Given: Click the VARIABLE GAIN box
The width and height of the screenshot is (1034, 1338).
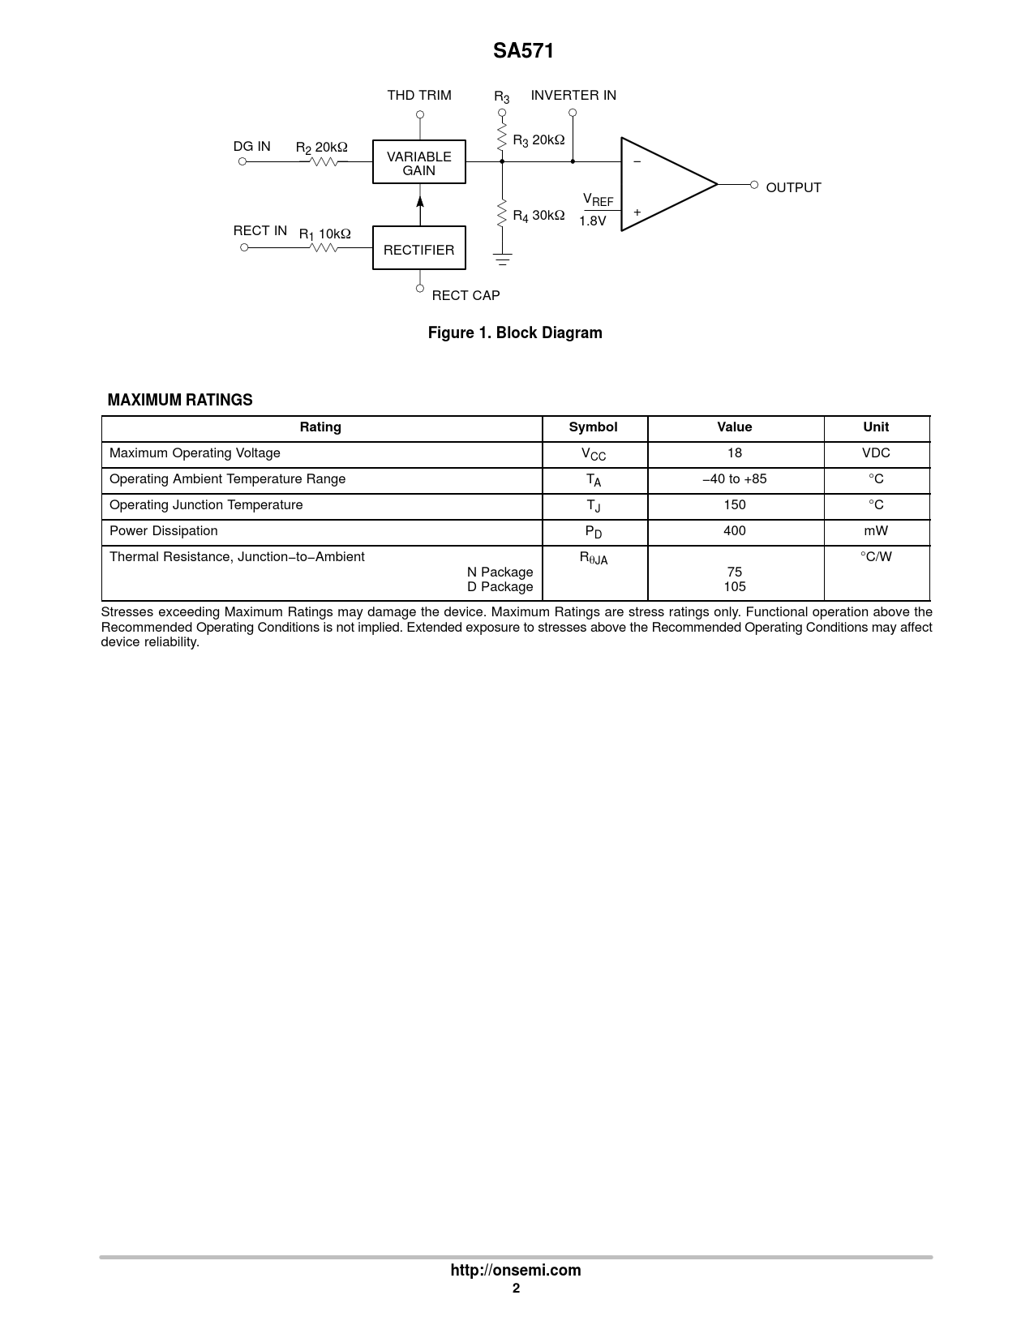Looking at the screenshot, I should (418, 162).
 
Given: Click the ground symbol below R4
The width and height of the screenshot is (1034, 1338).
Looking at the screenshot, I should (502, 260).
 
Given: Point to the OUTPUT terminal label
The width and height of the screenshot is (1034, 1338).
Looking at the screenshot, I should (793, 187).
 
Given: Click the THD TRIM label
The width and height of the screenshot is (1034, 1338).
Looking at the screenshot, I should (418, 95).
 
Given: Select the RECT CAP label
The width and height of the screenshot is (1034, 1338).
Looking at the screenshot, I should (466, 295).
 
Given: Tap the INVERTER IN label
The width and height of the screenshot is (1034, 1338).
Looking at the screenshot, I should (573, 95).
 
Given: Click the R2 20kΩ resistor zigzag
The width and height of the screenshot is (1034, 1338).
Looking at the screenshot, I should (324, 161).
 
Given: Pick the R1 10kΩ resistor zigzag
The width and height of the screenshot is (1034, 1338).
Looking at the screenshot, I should (324, 247).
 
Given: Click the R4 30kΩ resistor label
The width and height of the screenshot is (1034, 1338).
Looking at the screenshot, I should (538, 216).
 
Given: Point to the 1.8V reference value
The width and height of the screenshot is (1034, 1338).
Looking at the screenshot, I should (593, 221).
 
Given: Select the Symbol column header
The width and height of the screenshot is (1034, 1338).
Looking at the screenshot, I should (593, 427).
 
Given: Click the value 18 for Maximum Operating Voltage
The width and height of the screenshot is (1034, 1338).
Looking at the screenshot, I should (735, 453).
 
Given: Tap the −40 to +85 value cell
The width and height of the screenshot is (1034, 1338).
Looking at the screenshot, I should (735, 479).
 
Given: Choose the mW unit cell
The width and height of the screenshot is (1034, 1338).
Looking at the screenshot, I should (876, 531).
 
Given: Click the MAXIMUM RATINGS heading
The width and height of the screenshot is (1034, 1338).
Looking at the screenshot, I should (180, 400).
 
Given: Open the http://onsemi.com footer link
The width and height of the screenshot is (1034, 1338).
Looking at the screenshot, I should (516, 1270).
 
